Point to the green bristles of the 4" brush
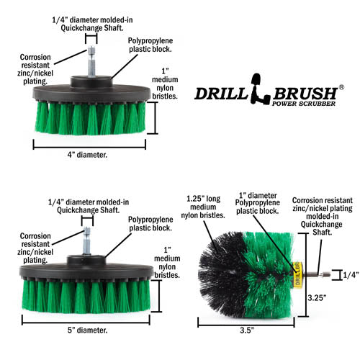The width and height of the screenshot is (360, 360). coord(91,120)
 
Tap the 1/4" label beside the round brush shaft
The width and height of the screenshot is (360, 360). coord(348,274)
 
